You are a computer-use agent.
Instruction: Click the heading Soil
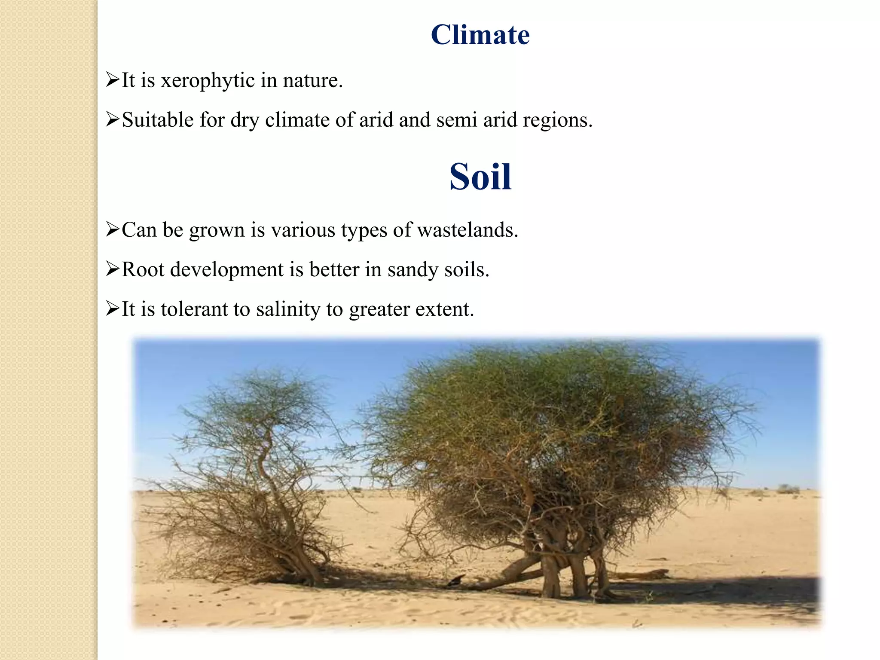coord(480,177)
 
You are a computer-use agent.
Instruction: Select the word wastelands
coord(467,230)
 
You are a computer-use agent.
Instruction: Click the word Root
coord(143,270)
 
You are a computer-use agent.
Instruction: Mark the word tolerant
coord(194,309)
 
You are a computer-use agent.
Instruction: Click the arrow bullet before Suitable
coord(112,119)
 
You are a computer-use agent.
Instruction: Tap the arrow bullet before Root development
coord(112,269)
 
